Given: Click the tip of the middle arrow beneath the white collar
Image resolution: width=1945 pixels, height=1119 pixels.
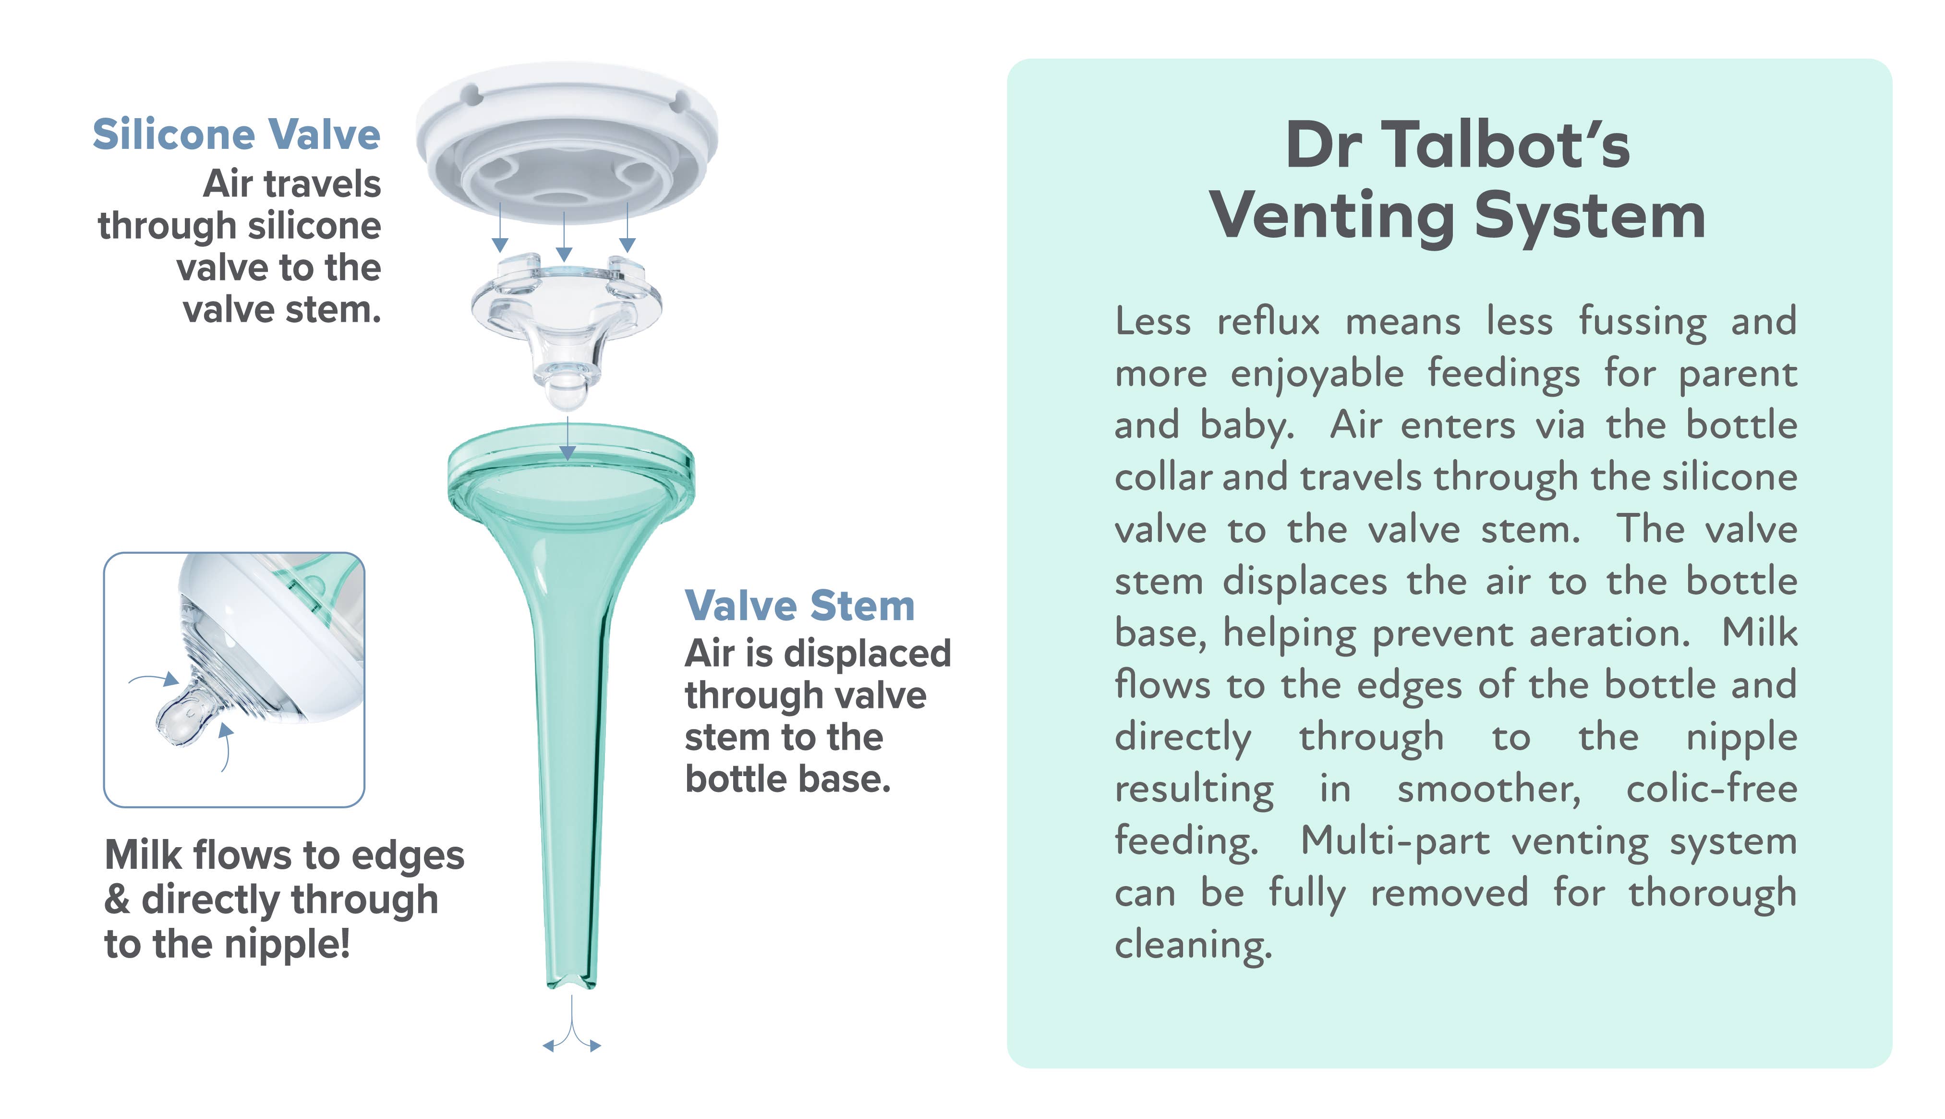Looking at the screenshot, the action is pyautogui.click(x=564, y=261).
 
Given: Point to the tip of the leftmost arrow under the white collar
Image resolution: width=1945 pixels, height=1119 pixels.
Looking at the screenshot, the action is pyautogui.click(x=499, y=252).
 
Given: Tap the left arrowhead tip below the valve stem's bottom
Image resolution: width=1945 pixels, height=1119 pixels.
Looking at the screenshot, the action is pyautogui.click(x=543, y=1046).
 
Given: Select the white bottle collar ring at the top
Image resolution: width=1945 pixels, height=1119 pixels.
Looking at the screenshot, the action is pyautogui.click(x=567, y=138).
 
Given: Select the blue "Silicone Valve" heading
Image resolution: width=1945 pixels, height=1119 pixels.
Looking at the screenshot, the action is pyautogui.click(x=237, y=135).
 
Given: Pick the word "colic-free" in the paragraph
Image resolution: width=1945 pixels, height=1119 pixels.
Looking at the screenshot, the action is pyautogui.click(x=1712, y=789).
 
